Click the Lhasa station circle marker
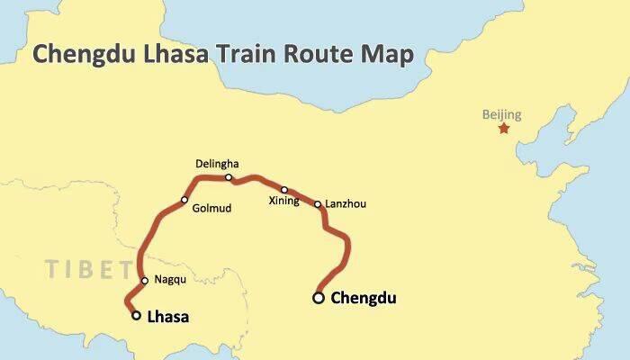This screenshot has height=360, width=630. pyautogui.click(x=136, y=315)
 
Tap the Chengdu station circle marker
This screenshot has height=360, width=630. pyautogui.click(x=319, y=297)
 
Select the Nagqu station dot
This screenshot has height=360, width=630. pyautogui.click(x=145, y=280)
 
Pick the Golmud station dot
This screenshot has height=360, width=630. pyautogui.click(x=184, y=200)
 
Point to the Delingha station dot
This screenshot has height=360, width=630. pyautogui.click(x=229, y=177)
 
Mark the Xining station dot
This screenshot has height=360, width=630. pyautogui.click(x=284, y=190)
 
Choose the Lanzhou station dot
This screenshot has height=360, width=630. pyautogui.click(x=318, y=204)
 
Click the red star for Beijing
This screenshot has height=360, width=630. pyautogui.click(x=503, y=129)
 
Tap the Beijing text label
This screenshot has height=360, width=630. pyautogui.click(x=501, y=114)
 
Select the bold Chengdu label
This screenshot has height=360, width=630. pyautogui.click(x=364, y=298)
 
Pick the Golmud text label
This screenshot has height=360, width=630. pyautogui.click(x=211, y=209)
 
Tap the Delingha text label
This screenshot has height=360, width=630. pyautogui.click(x=218, y=164)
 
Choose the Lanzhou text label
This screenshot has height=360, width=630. pyautogui.click(x=344, y=204)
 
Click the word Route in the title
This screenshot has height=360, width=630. pyautogui.click(x=325, y=54)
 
